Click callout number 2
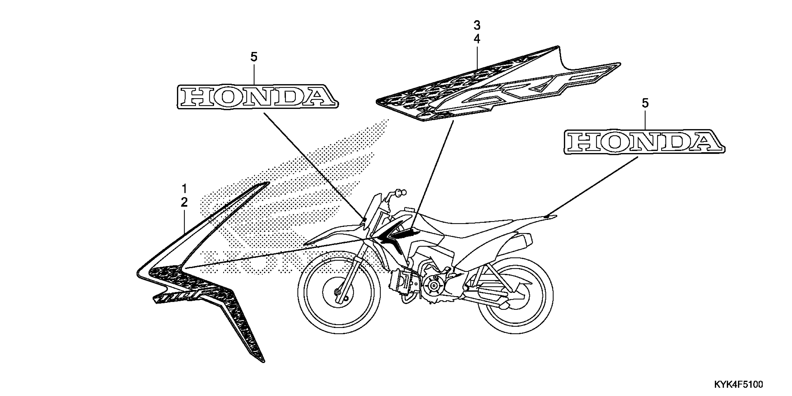coord(184,202)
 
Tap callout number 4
coord(477,39)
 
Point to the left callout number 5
coord(254,57)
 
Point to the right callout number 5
coord(645,103)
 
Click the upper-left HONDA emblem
coord(258,96)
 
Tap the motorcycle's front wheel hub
coord(338,292)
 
